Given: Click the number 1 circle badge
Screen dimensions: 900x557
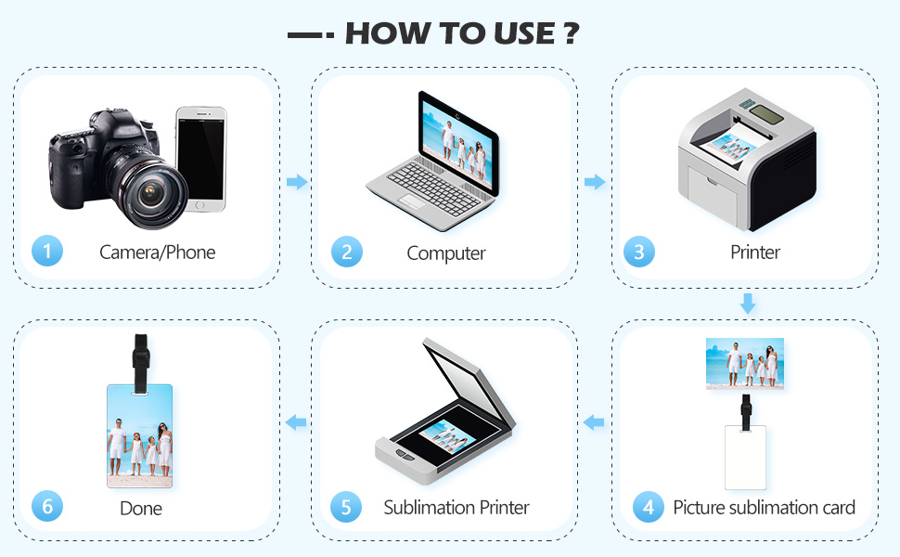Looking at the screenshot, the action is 47,251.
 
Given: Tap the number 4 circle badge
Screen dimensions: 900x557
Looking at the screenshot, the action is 649,507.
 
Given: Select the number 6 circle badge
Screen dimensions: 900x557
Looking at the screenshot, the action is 47,506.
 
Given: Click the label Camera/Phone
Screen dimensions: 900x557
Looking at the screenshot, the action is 158,253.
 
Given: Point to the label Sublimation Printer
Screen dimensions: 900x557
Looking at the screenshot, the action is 456,508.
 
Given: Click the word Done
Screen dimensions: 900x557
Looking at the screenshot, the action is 141,508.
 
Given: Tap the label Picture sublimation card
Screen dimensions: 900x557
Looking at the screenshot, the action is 764,508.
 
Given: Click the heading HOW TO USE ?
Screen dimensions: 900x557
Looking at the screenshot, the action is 462,33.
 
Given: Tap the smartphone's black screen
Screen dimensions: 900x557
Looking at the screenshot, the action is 200,159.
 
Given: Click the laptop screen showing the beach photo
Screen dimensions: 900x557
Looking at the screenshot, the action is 457,141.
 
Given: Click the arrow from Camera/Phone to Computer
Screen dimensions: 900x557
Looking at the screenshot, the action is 297,182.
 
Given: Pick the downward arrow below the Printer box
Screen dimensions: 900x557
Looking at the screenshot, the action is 747,304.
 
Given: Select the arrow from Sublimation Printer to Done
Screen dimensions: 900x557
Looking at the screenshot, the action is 296,422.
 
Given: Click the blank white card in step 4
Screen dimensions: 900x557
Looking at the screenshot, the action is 745,457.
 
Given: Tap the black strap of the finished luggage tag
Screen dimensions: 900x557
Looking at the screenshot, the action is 141,362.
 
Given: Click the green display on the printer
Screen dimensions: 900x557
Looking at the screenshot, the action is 766,114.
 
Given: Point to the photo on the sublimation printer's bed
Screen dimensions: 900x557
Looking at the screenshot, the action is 448,436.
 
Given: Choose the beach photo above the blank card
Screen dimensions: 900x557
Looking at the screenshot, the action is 744,364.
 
